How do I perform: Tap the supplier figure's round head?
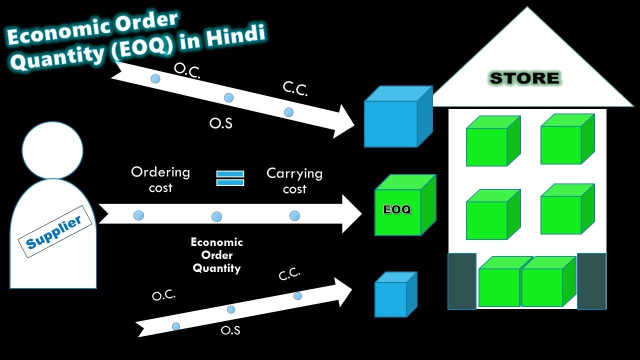pyautogui.click(x=52, y=150)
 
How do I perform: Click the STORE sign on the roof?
pyautogui.click(x=525, y=78)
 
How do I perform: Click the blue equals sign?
pyautogui.click(x=230, y=178)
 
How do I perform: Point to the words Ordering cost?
pyautogui.click(x=160, y=180)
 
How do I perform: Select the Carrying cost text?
pyautogui.click(x=294, y=181)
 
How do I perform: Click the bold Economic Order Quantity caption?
pyautogui.click(x=217, y=255)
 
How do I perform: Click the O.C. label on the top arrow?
pyautogui.click(x=187, y=71)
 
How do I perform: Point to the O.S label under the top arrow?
pyautogui.click(x=221, y=123)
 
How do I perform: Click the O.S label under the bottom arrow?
pyautogui.click(x=230, y=330)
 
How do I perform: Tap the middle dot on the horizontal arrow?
pyautogui.click(x=216, y=216)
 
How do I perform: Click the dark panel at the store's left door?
pyautogui.click(x=461, y=281)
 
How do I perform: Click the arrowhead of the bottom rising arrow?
pyautogui.click(x=345, y=291)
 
